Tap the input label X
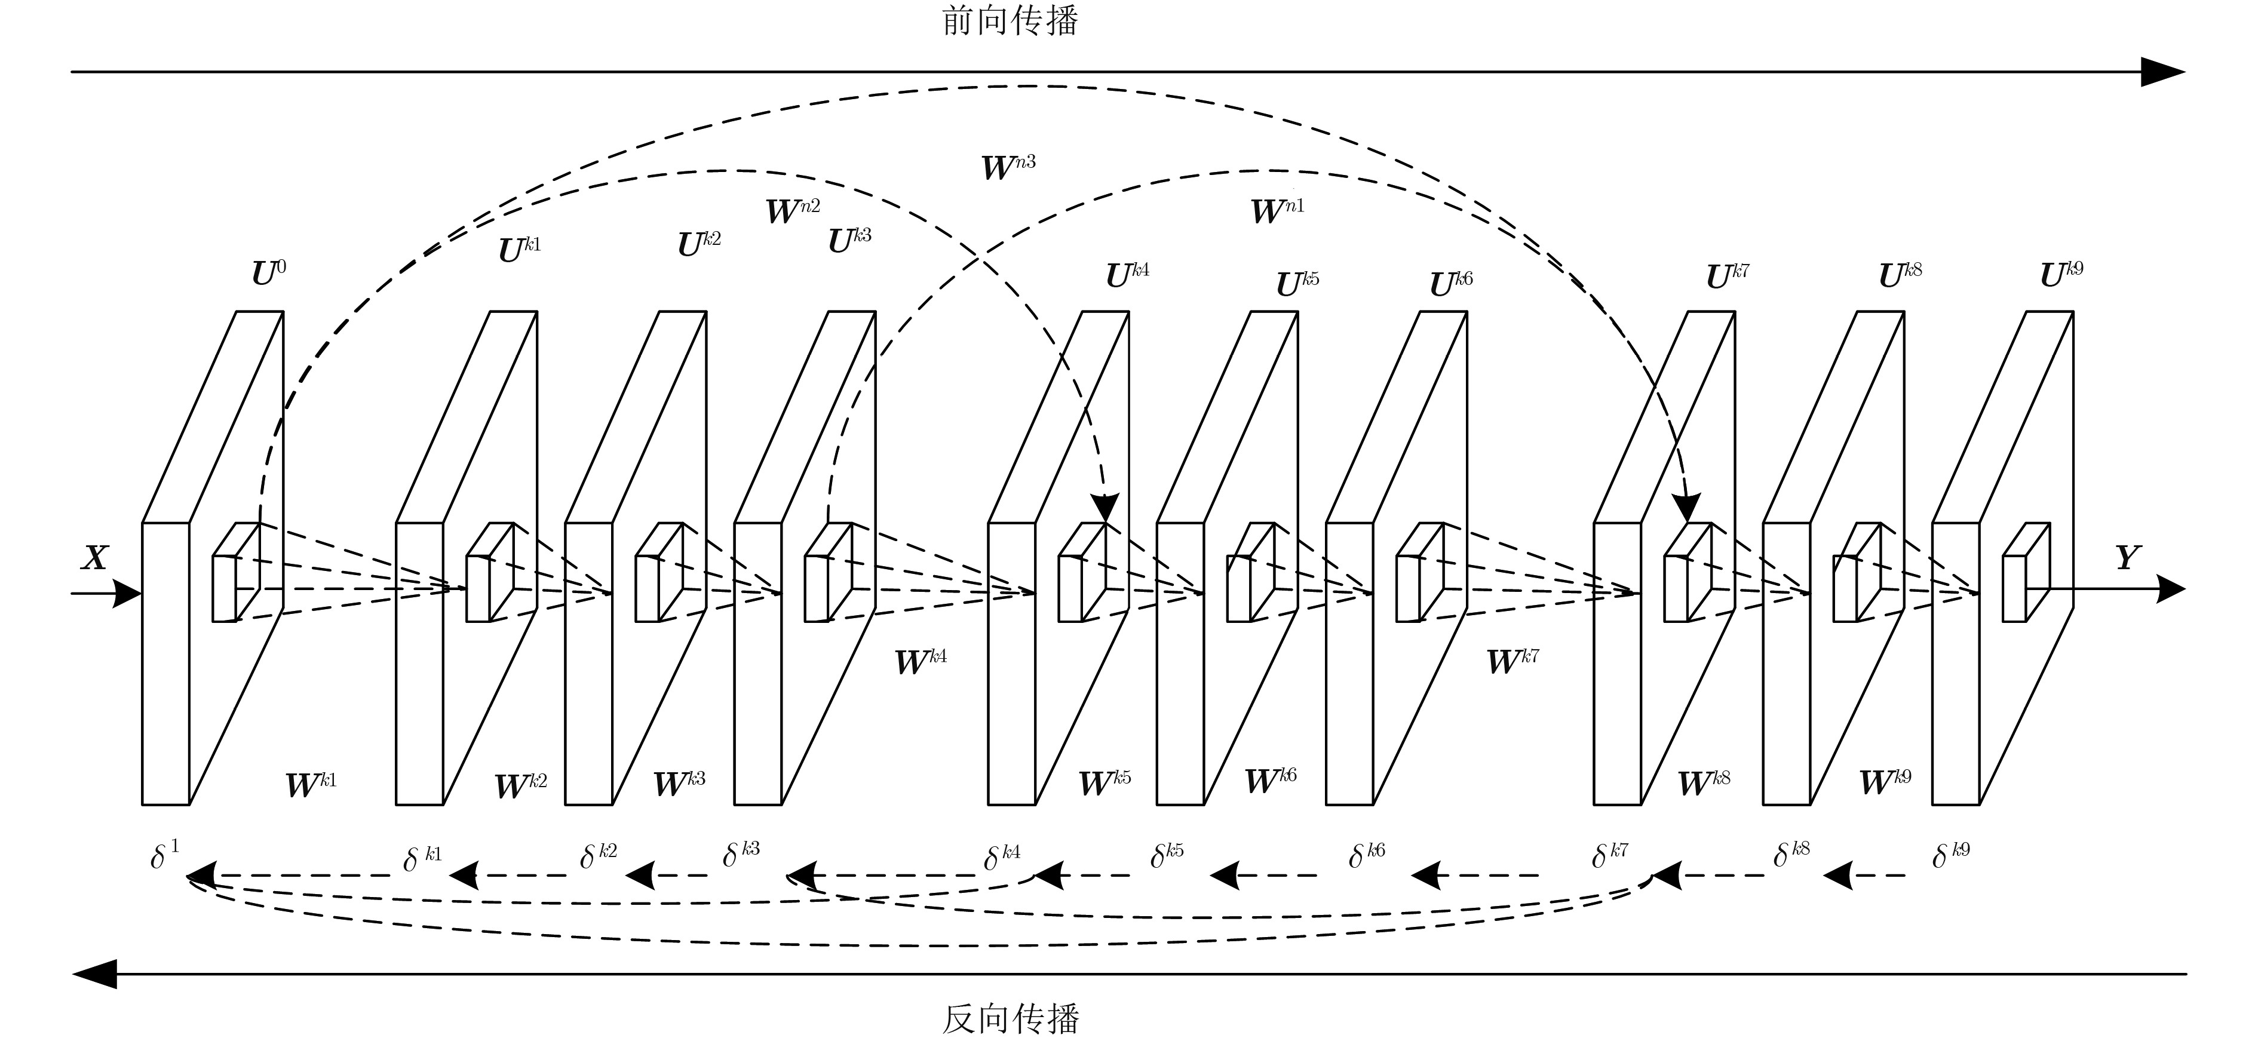point(94,558)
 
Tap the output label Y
point(2127,558)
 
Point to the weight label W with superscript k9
point(1885,781)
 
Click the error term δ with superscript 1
point(164,854)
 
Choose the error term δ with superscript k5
point(1166,855)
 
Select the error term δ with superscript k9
point(1950,854)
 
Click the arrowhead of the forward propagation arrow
point(2162,72)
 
